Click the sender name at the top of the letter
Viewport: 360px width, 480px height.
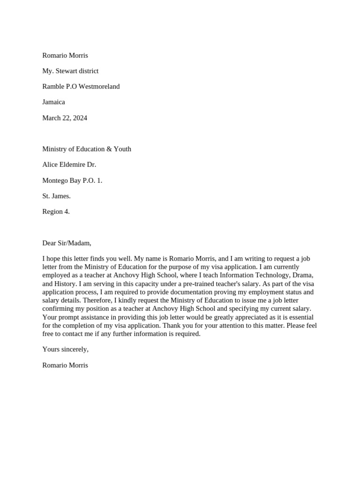coord(65,55)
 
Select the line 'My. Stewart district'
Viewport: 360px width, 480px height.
coord(70,71)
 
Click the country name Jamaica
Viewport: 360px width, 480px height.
coord(53,102)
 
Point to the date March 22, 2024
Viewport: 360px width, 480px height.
coord(65,118)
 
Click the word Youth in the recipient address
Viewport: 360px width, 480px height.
coord(121,149)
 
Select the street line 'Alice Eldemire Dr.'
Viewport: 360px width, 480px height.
coord(69,165)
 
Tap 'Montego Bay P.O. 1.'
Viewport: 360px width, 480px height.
coord(72,180)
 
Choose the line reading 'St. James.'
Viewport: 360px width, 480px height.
coord(56,196)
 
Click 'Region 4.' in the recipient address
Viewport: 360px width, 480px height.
coord(56,211)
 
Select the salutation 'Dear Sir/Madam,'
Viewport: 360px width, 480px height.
coord(67,243)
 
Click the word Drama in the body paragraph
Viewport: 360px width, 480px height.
coord(302,275)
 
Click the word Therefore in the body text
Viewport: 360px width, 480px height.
coord(58,300)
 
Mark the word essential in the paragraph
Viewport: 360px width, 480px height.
coord(300,317)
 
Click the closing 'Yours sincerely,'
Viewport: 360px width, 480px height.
coord(65,349)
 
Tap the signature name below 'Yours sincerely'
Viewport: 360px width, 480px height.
coord(65,365)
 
